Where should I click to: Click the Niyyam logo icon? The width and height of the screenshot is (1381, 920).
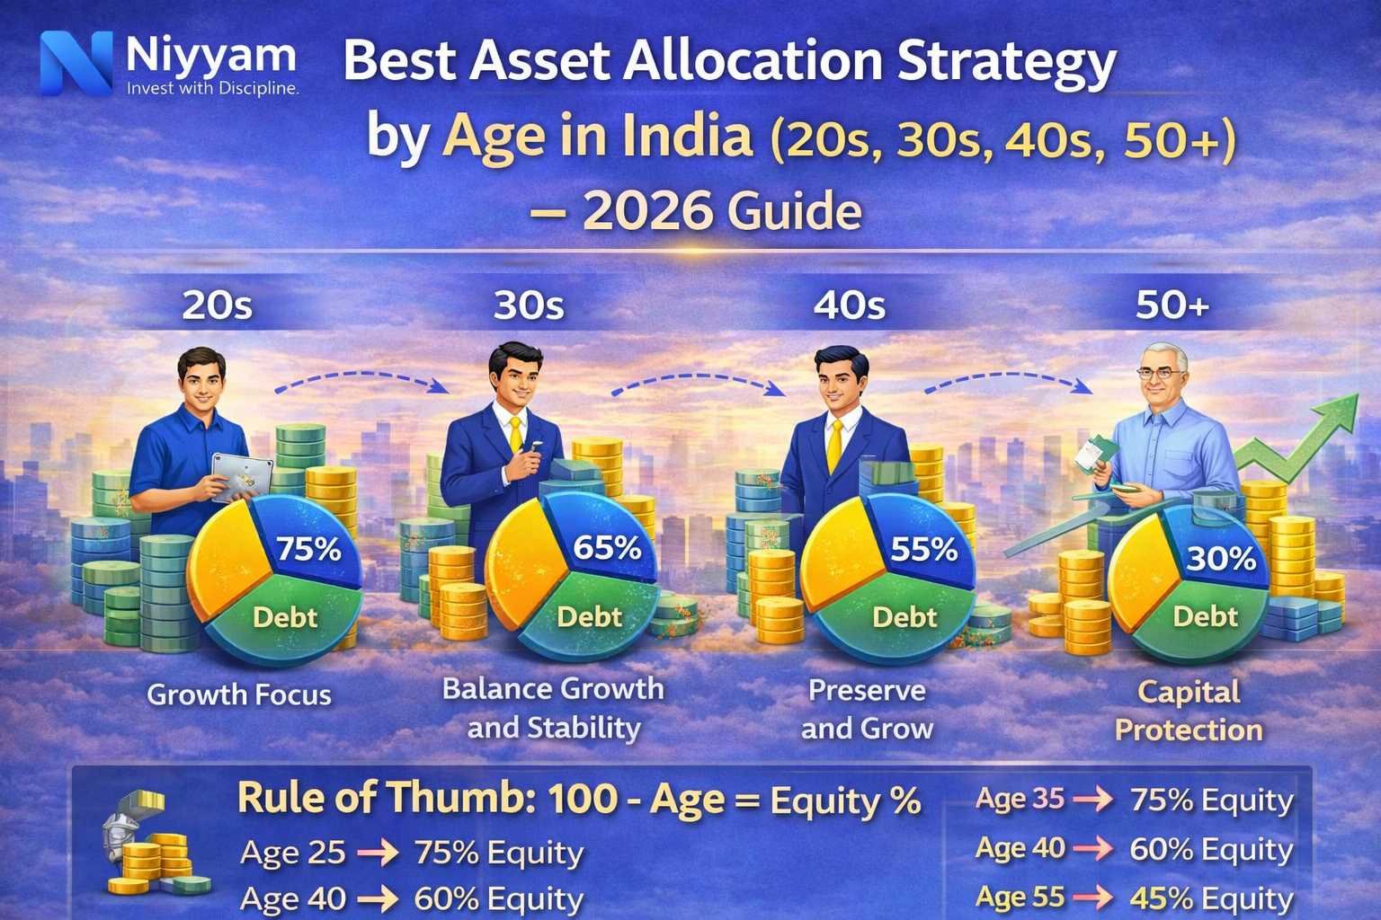(x=76, y=63)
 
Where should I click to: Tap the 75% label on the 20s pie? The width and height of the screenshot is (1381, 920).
(x=308, y=548)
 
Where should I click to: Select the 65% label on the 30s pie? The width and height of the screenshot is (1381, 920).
(x=607, y=547)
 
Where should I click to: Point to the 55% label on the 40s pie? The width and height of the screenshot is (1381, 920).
(x=923, y=548)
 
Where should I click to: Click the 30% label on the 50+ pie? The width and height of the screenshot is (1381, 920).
(x=1220, y=559)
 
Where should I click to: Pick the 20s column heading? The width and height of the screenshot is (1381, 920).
(x=217, y=305)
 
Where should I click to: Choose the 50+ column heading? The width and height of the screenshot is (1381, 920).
(x=1172, y=305)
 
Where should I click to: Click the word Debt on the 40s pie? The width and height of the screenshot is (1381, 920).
(x=904, y=617)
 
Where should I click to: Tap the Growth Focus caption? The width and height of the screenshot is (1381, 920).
(x=239, y=694)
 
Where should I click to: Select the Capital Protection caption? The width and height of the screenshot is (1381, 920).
(x=1189, y=711)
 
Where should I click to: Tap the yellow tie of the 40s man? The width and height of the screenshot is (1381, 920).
(x=834, y=445)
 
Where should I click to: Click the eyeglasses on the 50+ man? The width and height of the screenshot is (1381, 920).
(x=1160, y=372)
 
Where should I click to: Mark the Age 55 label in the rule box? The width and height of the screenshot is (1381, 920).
(x=1020, y=897)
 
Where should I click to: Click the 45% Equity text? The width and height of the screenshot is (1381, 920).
(x=1211, y=898)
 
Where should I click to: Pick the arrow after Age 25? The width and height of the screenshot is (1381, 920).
(x=379, y=853)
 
